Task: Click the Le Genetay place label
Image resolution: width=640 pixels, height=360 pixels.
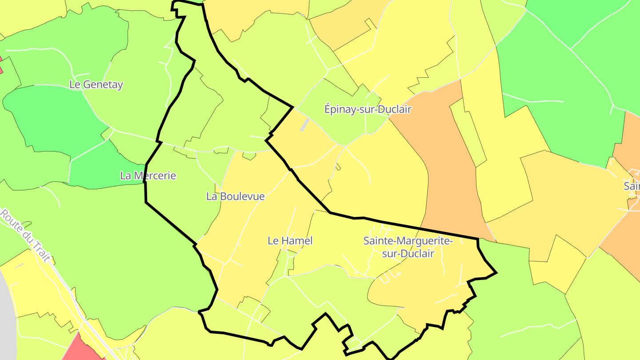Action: click(96, 84)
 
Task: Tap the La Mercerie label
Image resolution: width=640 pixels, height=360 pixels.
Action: click(148, 176)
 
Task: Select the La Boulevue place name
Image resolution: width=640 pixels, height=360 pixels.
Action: click(235, 196)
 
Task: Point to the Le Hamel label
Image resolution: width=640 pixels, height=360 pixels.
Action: click(290, 240)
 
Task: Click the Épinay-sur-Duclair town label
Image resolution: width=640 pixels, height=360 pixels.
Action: click(368, 109)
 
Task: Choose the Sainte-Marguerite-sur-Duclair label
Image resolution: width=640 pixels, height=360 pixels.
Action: click(408, 247)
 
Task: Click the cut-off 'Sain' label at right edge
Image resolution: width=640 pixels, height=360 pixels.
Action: click(632, 186)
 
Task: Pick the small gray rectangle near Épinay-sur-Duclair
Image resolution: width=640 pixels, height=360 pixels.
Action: click(304, 125)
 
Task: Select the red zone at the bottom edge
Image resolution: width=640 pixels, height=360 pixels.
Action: click(82, 349)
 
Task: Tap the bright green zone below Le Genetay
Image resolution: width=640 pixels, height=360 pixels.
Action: click(53, 116)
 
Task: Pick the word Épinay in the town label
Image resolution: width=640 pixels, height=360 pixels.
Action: click(340, 109)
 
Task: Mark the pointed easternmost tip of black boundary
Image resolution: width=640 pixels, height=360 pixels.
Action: click(496, 272)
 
